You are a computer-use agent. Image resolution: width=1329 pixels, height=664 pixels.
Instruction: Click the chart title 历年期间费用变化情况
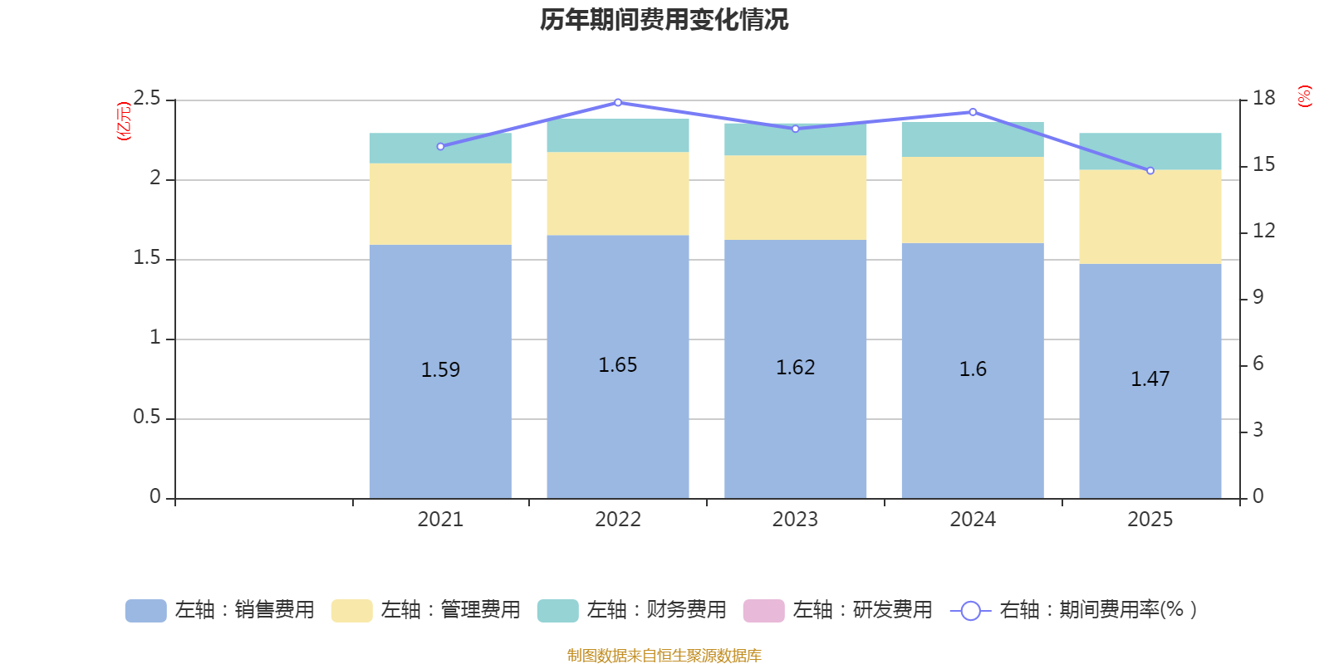coord(664,20)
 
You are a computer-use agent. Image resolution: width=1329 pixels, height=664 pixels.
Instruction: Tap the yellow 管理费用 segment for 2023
coord(795,198)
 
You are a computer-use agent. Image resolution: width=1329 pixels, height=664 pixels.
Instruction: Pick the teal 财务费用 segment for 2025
coord(1150,151)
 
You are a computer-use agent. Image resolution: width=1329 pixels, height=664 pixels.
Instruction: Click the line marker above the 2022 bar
coord(618,103)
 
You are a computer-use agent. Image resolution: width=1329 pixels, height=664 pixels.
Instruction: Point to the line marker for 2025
coord(1150,171)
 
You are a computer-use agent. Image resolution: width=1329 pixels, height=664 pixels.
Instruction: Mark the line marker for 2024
coord(973,112)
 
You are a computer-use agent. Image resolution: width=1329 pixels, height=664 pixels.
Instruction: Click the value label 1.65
coord(618,365)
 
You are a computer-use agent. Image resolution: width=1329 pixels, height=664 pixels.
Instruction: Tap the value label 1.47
coord(1150,379)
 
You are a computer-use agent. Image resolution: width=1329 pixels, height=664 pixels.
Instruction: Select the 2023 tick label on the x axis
coord(795,520)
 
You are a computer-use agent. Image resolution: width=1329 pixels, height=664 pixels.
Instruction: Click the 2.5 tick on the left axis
coord(147,99)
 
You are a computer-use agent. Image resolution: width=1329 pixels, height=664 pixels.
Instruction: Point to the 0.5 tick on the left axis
coord(147,417)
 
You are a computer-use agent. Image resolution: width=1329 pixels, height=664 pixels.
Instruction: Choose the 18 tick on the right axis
coord(1263,99)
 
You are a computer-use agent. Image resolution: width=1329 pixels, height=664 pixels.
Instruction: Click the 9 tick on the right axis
coord(1258,297)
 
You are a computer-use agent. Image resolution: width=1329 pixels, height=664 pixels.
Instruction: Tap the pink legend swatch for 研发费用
coord(763,611)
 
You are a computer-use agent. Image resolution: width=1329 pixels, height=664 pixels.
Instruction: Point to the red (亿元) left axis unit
coord(124,121)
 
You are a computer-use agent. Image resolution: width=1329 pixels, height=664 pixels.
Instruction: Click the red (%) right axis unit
coord(1305,96)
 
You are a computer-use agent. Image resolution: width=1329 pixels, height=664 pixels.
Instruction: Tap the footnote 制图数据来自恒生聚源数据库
coord(664,656)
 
